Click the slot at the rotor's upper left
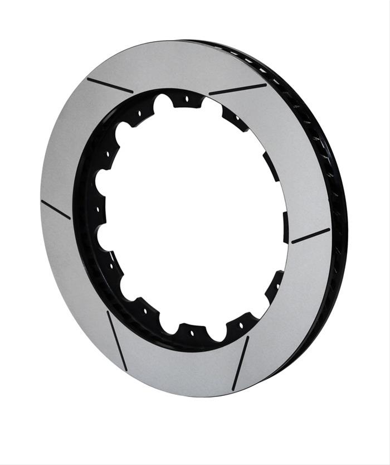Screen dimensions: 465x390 (110, 85)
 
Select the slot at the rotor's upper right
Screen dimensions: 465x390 (238, 89)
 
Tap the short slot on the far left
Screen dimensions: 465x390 (56, 209)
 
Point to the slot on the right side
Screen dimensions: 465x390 (310, 236)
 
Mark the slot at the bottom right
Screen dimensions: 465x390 (241, 362)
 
